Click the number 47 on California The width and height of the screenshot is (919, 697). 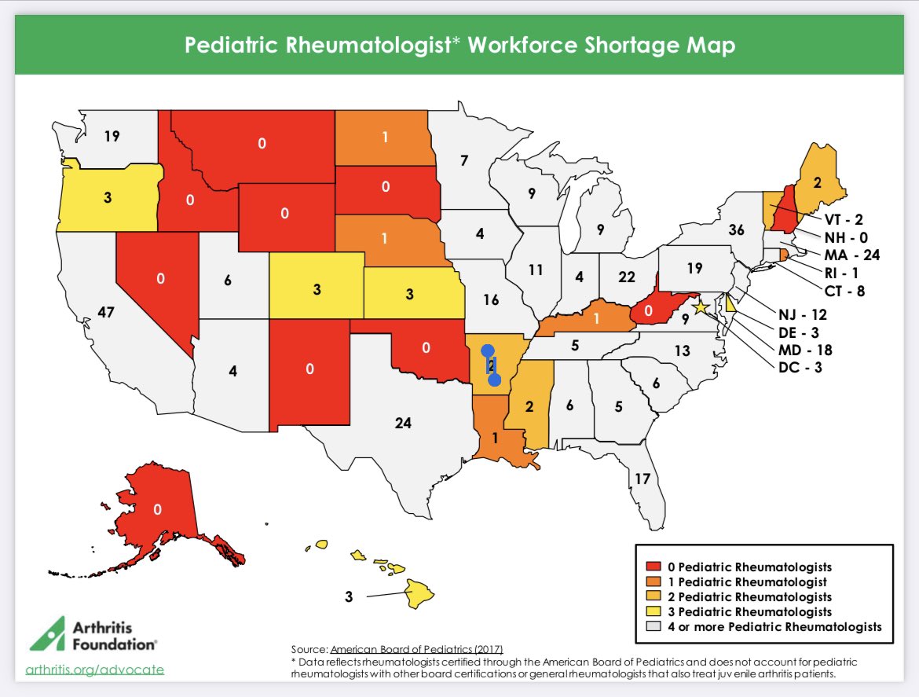106,313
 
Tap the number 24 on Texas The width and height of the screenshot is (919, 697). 403,424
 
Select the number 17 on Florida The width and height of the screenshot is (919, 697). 642,478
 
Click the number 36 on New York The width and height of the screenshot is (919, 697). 736,230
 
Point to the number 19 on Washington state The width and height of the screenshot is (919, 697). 111,135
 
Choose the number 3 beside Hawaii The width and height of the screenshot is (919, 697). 349,596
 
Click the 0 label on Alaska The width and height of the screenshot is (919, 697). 157,509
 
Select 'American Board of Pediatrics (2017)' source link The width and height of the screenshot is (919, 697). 416,649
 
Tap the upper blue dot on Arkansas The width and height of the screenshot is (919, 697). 487,350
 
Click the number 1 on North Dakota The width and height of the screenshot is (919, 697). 386,136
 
